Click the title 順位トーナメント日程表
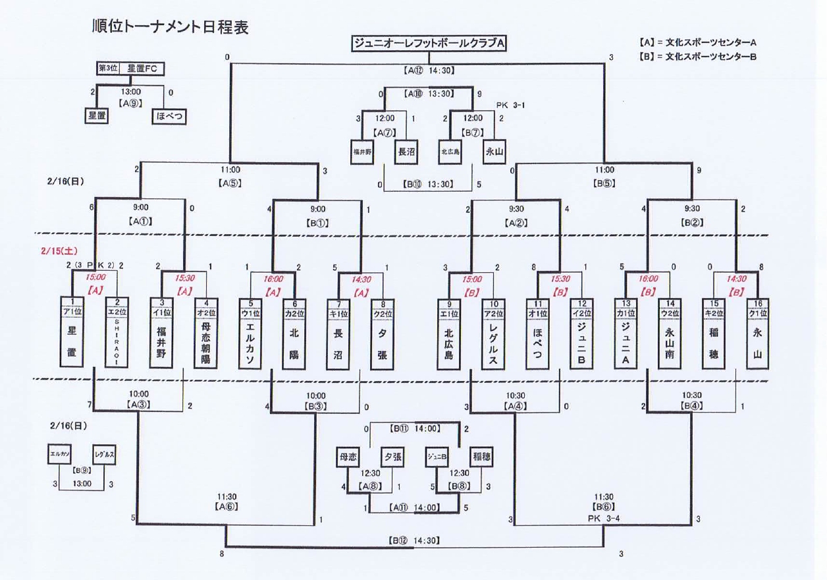(x=170, y=28)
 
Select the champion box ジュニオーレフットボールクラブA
(x=429, y=43)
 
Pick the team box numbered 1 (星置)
(x=72, y=336)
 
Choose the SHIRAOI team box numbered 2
(x=117, y=336)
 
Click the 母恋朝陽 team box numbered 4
(x=205, y=336)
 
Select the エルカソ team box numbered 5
(x=249, y=336)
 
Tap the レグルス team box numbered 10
(x=493, y=336)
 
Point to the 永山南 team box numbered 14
(x=670, y=336)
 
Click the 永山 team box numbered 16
(x=758, y=336)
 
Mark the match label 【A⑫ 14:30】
(x=429, y=69)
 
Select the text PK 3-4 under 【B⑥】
(x=604, y=518)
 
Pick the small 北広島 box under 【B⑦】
(x=450, y=152)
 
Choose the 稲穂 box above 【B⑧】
(x=480, y=455)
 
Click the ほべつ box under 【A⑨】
(x=169, y=117)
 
